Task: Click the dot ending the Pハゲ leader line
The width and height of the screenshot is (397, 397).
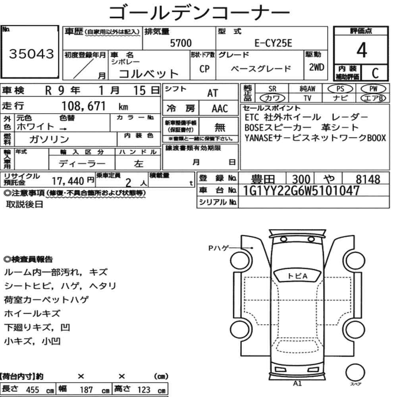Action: point(252,248)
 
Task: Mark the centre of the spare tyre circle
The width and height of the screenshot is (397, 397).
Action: point(355,372)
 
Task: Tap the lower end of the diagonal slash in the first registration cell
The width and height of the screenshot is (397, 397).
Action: point(74,78)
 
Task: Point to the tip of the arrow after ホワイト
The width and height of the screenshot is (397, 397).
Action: point(66,129)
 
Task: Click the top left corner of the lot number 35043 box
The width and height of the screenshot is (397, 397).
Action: point(1,25)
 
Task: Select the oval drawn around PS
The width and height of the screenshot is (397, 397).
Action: point(340,89)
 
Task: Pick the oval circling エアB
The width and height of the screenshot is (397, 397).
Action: point(373,98)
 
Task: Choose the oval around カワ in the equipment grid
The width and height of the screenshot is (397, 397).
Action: point(272,98)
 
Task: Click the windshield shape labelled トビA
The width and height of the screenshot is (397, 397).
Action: point(297,276)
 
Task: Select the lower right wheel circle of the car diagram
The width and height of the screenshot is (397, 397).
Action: point(355,330)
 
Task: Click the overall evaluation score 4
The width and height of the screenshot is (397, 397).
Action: point(362,50)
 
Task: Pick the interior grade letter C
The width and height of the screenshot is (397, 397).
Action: point(375,73)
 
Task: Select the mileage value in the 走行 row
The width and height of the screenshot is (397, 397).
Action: point(83,106)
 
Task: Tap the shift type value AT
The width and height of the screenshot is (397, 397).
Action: point(212,93)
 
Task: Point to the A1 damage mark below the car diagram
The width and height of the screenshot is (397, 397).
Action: point(297,384)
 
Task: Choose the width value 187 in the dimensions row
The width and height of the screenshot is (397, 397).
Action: point(86,390)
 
